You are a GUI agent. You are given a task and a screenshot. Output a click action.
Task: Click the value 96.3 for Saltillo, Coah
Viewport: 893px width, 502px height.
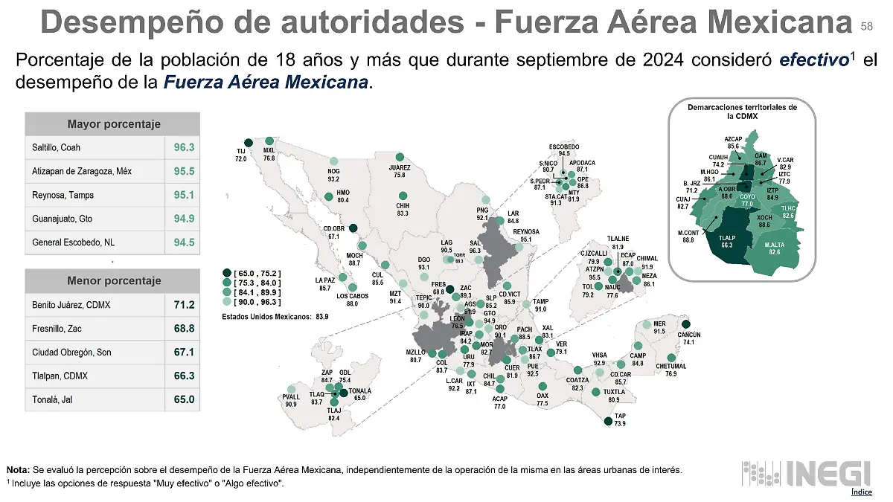pos(183,147)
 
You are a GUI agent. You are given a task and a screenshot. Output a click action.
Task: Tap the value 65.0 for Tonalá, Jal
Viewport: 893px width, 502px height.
pos(183,399)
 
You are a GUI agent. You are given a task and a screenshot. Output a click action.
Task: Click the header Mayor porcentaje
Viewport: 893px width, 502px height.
pos(113,123)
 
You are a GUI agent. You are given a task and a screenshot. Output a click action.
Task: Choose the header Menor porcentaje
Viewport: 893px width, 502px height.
pos(113,280)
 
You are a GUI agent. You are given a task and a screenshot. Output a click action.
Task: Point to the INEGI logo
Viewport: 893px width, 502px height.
pos(807,473)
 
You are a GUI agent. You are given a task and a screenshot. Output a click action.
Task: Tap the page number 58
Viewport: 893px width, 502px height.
pos(866,26)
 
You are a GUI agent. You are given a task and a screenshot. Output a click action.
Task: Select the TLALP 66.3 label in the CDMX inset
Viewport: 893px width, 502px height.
pos(727,240)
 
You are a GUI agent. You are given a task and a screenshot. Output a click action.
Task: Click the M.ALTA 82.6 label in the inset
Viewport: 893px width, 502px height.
pos(774,248)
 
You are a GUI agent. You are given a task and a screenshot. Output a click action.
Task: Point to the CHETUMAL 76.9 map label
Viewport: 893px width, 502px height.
pos(670,370)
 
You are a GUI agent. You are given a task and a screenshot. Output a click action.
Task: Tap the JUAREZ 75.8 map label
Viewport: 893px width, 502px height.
pos(400,171)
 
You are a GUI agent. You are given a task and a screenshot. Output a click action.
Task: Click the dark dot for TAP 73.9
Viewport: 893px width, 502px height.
pos(609,422)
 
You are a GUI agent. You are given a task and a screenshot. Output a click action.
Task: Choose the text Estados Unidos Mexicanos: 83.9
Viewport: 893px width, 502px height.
pos(275,316)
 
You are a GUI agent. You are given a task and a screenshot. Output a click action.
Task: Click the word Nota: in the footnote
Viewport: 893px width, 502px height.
pos(18,469)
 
